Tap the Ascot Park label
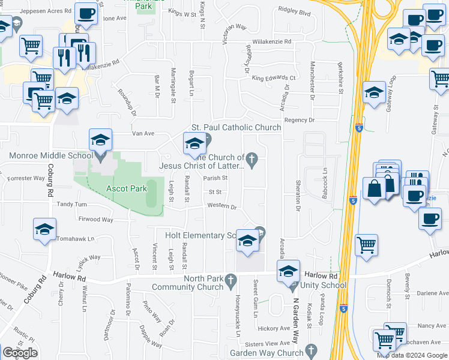[127, 188]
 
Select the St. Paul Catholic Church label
[236, 127]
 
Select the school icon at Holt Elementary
[247, 241]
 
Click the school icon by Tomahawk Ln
[45, 230]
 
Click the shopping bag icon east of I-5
[374, 188]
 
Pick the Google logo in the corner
[20, 353]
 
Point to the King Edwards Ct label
[274, 78]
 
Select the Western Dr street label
[222, 206]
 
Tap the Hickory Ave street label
[274, 328]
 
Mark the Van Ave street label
[127, 134]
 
